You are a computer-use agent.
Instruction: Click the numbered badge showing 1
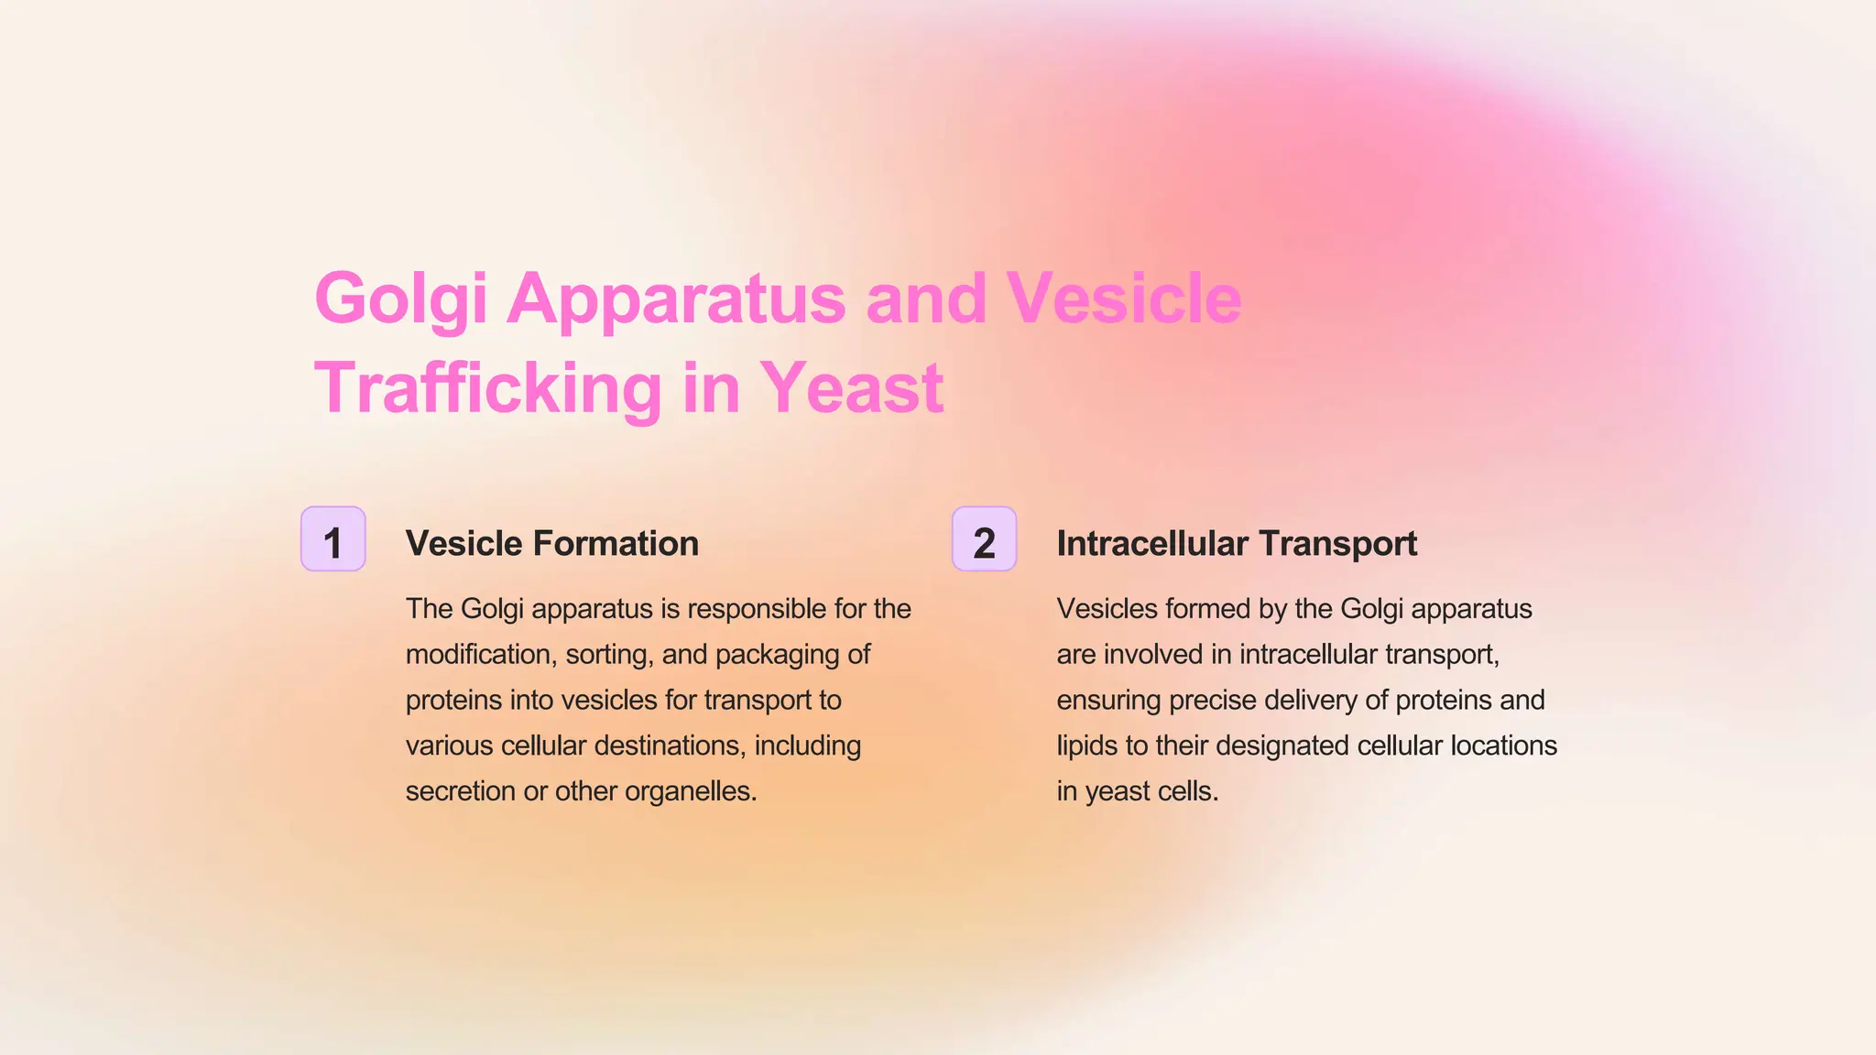click(x=333, y=539)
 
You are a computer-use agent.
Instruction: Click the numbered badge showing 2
click(x=984, y=539)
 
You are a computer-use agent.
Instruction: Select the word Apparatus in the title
click(x=675, y=299)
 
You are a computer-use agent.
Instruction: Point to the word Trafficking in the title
click(x=487, y=389)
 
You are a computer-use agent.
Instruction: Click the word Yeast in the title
click(x=851, y=389)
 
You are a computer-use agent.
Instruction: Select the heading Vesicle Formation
click(x=551, y=544)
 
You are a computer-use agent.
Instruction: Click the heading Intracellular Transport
click(x=1236, y=544)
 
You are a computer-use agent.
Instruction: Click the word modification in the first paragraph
click(x=477, y=655)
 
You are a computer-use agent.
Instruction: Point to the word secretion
click(x=460, y=791)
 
